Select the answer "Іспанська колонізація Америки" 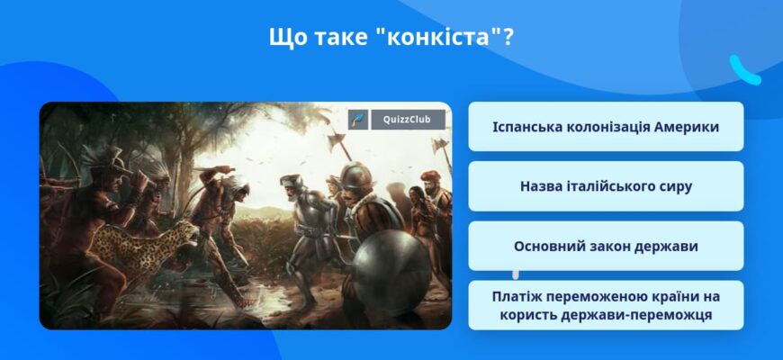(606, 127)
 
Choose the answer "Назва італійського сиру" (606, 186)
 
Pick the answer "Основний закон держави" (606, 246)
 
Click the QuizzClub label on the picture (408, 120)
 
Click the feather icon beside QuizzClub (358, 120)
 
